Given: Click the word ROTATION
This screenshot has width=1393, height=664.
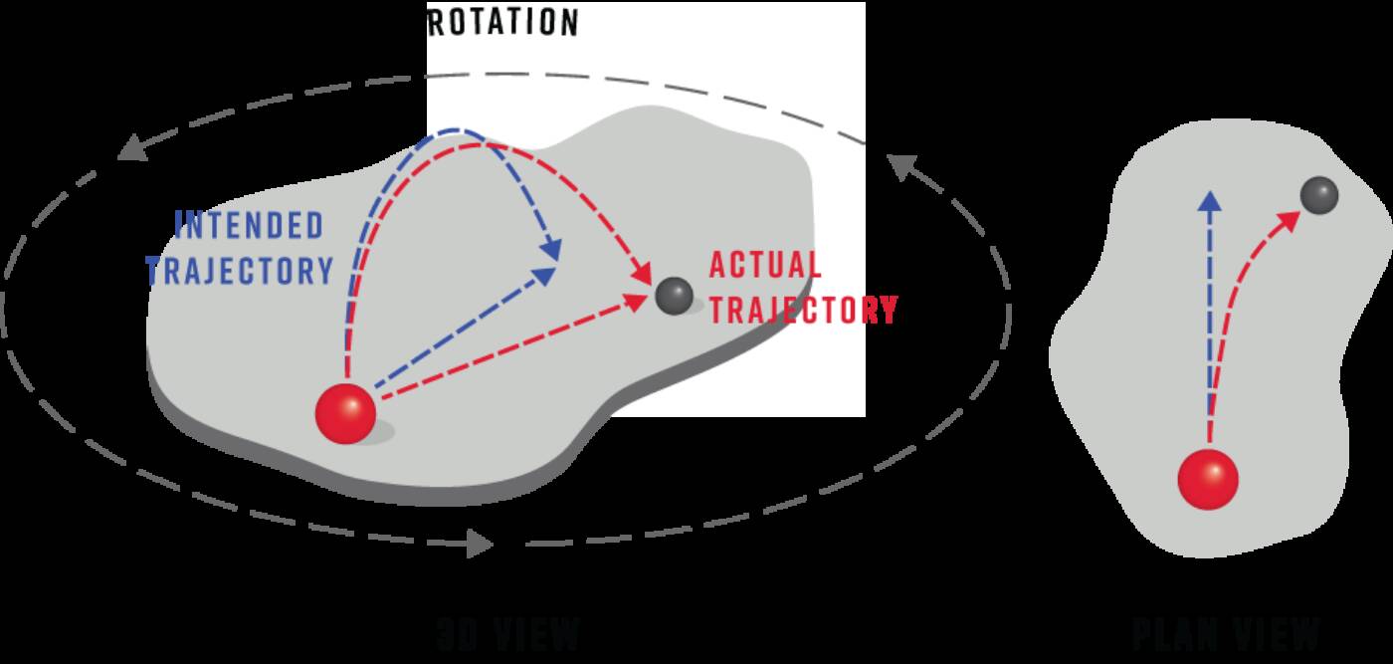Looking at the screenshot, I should [x=502, y=23].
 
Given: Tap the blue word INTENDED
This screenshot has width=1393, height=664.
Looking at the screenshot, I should [x=250, y=225].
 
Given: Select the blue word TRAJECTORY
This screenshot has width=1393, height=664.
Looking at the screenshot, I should [x=240, y=270].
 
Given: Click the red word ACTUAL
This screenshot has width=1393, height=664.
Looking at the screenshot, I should [x=765, y=266].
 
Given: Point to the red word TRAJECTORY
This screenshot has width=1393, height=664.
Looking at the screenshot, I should [x=804, y=310].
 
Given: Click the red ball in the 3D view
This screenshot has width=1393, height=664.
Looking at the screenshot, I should [x=345, y=412].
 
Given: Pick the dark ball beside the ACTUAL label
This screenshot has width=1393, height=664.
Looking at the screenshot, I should [x=674, y=295].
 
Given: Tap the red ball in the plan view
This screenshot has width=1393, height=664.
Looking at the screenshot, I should [x=1208, y=479].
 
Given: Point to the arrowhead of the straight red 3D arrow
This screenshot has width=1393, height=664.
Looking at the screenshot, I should [x=639, y=299].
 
